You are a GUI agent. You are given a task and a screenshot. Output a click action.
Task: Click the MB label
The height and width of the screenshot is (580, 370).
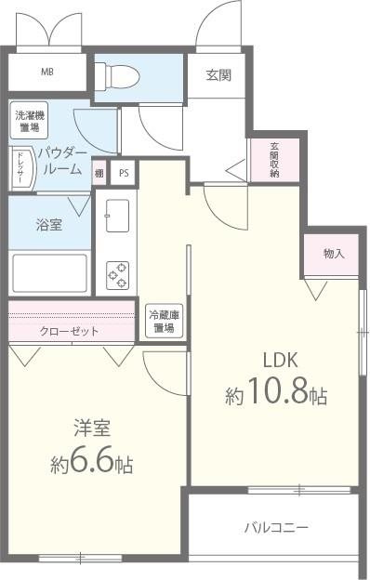pyautogui.click(x=46, y=72)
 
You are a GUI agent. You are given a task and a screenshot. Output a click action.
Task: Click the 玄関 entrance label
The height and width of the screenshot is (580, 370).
pyautogui.click(x=218, y=75)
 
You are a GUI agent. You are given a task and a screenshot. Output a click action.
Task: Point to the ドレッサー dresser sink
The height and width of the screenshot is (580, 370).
pyautogui.click(x=21, y=168)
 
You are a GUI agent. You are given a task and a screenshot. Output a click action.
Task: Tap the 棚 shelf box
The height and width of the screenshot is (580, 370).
pyautogui.click(x=99, y=173)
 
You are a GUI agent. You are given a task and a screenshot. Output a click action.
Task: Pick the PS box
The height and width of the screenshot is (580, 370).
pyautogui.click(x=123, y=173)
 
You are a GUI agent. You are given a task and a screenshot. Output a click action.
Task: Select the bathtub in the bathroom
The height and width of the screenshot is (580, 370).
pyautogui.click(x=49, y=272)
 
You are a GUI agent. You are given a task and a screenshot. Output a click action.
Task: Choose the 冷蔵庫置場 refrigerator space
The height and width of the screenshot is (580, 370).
pyautogui.click(x=165, y=322)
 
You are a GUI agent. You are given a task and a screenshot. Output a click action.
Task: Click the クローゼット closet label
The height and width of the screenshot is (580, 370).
pyautogui.click(x=70, y=331)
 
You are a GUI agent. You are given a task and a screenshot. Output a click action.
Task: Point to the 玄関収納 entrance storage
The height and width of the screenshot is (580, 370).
pyautogui.click(x=274, y=160)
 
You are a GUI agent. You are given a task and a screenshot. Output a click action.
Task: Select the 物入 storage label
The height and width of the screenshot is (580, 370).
pyautogui.click(x=332, y=253)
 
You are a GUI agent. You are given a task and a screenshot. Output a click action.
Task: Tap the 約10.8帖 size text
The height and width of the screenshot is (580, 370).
pyautogui.click(x=275, y=395)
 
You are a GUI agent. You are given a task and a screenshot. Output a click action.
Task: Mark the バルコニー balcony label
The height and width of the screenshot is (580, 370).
pyautogui.click(x=276, y=527)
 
